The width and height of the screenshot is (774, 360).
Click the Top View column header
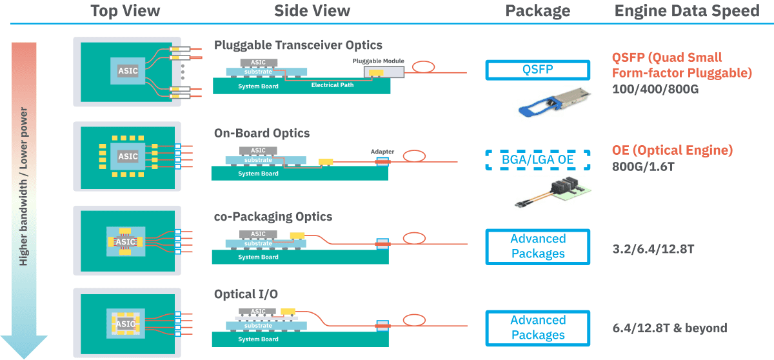click(x=125, y=11)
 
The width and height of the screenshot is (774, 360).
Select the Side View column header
click(x=312, y=11)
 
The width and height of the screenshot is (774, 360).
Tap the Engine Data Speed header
click(x=687, y=11)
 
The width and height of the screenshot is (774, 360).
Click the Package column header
click(x=537, y=11)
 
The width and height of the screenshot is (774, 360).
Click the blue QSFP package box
click(x=537, y=70)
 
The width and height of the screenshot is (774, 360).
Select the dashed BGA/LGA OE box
click(x=537, y=160)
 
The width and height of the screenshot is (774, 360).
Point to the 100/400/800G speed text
click(x=655, y=89)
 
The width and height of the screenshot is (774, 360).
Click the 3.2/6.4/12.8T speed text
click(x=653, y=248)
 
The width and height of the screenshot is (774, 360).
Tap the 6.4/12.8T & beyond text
click(x=670, y=328)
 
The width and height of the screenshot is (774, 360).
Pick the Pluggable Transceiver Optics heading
click(x=298, y=45)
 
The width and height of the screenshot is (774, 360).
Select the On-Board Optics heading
click(x=262, y=134)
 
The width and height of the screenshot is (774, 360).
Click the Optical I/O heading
click(x=246, y=294)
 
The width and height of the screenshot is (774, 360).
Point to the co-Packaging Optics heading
click(x=273, y=216)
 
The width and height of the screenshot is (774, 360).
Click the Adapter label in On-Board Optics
click(x=382, y=152)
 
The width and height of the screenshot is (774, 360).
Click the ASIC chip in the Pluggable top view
click(x=128, y=70)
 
